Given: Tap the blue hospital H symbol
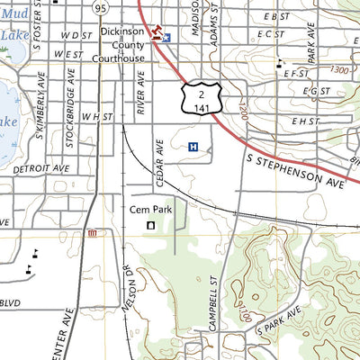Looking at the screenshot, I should point(193,147).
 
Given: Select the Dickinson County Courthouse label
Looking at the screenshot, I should point(122,44).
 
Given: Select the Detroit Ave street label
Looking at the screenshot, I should point(41,168).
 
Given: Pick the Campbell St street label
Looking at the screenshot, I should point(213,304).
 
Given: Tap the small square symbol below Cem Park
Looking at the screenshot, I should point(150,225).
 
